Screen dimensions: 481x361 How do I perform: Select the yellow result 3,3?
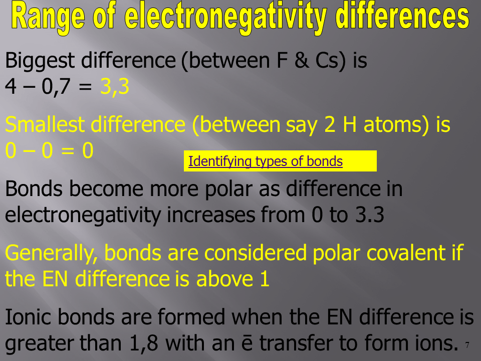[x=115, y=87]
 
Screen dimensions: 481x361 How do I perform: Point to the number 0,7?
[x=56, y=87]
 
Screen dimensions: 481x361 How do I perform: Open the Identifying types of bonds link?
[x=266, y=161]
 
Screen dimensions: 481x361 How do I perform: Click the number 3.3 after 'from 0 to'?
[x=370, y=215]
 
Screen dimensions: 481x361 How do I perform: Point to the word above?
[x=224, y=279]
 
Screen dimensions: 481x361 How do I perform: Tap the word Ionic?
[x=29, y=317]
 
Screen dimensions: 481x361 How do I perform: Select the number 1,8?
[x=144, y=343]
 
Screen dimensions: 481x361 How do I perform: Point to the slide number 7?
[x=467, y=345]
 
